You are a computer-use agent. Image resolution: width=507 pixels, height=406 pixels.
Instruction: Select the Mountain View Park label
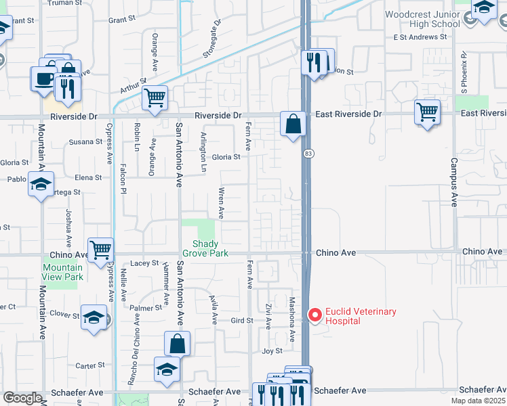pos(62,272)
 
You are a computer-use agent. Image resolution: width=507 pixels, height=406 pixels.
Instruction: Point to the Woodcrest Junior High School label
pos(422,19)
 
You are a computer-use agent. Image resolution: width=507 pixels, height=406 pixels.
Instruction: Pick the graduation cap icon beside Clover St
pos(94,316)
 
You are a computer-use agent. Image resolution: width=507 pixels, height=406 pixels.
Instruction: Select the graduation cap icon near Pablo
pos(41,183)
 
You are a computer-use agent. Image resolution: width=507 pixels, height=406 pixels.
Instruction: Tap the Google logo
pos(22,398)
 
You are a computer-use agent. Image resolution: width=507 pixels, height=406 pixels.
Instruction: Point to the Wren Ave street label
pos(221,203)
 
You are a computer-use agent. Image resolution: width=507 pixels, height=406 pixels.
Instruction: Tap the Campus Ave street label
pos(453,183)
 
